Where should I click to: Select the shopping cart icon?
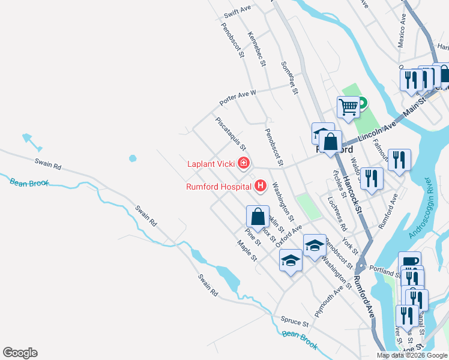(x=348, y=108)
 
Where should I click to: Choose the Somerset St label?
(x=289, y=77)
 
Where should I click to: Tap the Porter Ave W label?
(x=237, y=93)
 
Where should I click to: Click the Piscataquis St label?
(x=231, y=133)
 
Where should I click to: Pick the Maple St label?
(x=247, y=251)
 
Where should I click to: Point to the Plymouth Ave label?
(x=329, y=294)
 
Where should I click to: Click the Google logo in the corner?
(x=20, y=353)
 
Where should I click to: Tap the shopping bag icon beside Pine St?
(x=258, y=217)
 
